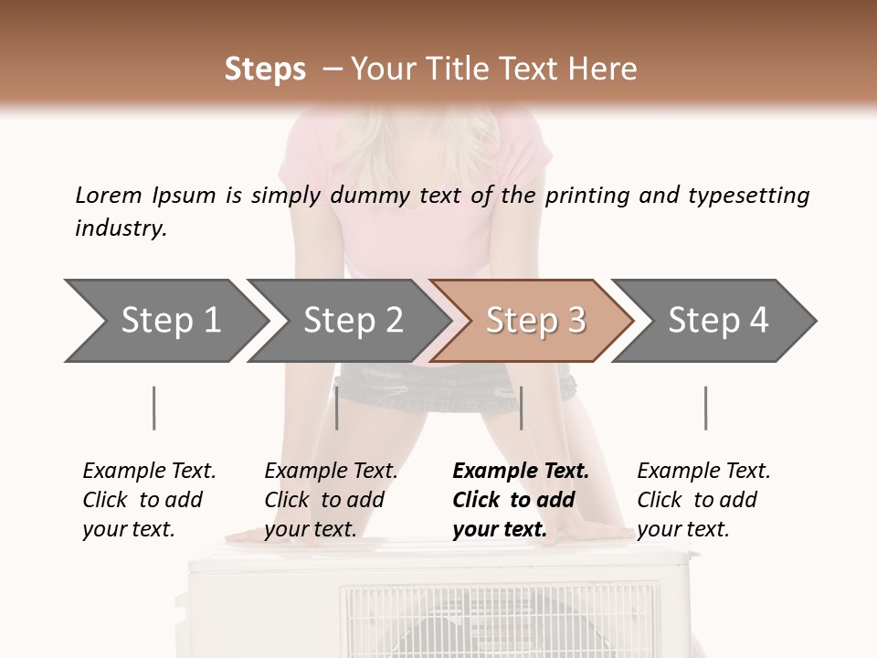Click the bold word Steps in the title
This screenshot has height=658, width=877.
click(x=265, y=69)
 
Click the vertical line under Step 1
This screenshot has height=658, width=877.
click(x=153, y=408)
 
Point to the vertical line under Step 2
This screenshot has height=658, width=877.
click(x=337, y=408)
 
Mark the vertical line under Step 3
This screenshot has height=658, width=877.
click(x=521, y=408)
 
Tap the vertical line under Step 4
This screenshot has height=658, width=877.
click(x=705, y=408)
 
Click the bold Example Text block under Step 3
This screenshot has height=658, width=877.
click(x=521, y=500)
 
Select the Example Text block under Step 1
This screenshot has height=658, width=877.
click(x=149, y=500)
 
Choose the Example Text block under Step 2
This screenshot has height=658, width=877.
click(x=331, y=500)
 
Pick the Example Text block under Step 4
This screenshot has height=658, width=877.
click(x=703, y=500)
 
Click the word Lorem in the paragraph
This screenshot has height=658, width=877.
click(x=109, y=195)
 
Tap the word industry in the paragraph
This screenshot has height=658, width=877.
click(x=120, y=228)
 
